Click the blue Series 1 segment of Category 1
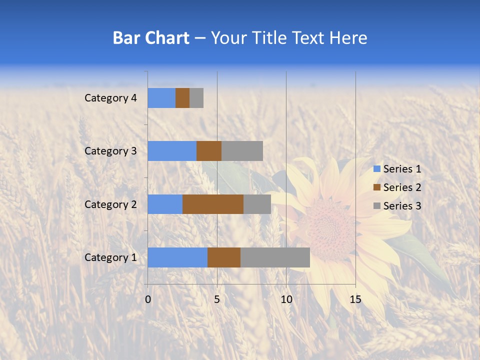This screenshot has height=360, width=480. click(x=177, y=257)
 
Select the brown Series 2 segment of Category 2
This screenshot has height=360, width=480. click(x=213, y=204)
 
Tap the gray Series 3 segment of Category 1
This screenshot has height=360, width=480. click(x=275, y=257)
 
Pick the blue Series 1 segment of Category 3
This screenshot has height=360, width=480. click(x=172, y=151)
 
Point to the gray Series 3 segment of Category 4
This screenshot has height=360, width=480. click(x=196, y=98)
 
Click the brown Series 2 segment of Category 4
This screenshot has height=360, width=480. click(x=182, y=98)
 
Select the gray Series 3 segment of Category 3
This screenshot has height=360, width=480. click(x=242, y=151)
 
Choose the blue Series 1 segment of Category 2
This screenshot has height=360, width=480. click(x=165, y=204)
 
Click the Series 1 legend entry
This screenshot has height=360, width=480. click(x=397, y=169)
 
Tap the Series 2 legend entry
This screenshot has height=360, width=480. click(x=397, y=187)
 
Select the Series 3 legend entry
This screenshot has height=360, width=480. click(x=397, y=206)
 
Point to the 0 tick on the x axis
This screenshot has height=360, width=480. click(x=148, y=299)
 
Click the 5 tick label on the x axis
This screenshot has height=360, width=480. click(x=217, y=299)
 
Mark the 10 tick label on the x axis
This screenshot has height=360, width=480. click(x=286, y=299)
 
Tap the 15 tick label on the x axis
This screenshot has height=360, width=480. click(x=355, y=299)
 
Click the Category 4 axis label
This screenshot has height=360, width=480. click(x=110, y=98)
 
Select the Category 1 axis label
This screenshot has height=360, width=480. click(x=110, y=257)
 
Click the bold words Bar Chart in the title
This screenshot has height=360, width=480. click(x=151, y=38)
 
